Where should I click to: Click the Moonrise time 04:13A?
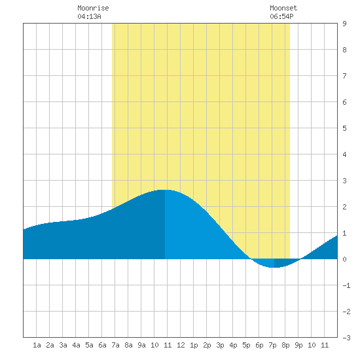[x=89, y=16]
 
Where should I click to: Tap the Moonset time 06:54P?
[x=281, y=16]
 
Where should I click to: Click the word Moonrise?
[x=93, y=8]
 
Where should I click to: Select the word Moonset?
[x=283, y=8]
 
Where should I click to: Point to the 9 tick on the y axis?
[x=344, y=24]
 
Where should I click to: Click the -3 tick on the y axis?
[x=346, y=338]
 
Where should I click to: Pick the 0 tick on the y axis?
[x=344, y=259]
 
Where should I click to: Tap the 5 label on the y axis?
[x=344, y=128]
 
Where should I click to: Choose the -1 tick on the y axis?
[x=346, y=285]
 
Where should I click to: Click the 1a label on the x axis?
[x=37, y=345]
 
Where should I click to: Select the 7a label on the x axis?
[x=115, y=345]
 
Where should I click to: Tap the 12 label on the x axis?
[x=181, y=345]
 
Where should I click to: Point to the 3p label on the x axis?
[x=220, y=345]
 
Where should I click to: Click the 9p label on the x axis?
[x=298, y=345]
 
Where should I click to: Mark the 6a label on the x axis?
[x=102, y=345]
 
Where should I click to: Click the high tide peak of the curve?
[x=164, y=190]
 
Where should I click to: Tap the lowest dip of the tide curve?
[x=273, y=268]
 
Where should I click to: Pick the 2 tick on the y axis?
[x=344, y=207]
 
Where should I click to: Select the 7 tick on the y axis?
[x=344, y=76]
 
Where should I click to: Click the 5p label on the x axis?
[x=246, y=345]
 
